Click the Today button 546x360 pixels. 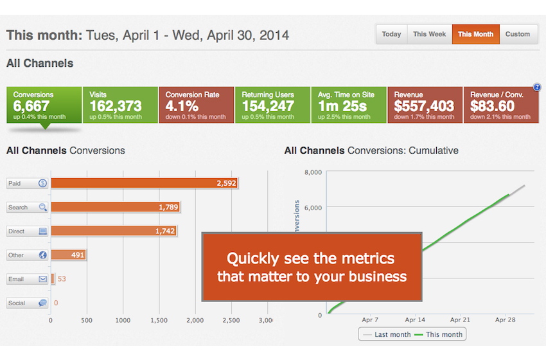coord(391,34)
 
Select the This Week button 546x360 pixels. coord(429,34)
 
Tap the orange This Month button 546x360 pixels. coord(475,34)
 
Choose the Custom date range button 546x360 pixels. coord(517,34)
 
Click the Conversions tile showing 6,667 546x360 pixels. coord(44,105)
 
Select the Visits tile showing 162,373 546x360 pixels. coord(119,105)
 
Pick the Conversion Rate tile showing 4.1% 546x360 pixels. coord(195,105)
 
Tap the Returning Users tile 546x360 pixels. coord(271,105)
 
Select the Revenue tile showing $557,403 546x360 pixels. coord(424,105)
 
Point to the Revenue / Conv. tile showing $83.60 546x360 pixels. coord(500,105)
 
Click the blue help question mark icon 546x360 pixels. coord(537,87)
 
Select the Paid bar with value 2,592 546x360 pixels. coord(145,183)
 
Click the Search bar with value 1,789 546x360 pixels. coord(115,207)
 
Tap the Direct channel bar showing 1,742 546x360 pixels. coord(114,231)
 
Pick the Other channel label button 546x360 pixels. coord(27,255)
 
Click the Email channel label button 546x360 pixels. coord(27,279)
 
